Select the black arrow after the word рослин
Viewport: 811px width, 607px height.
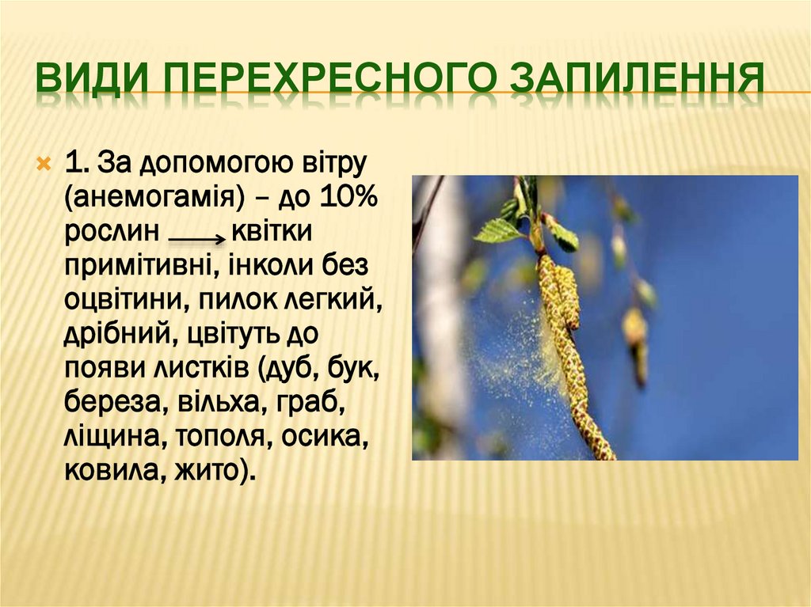tap(197, 236)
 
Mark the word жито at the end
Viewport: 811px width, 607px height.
tap(214, 472)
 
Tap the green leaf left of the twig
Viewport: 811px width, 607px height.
tap(499, 230)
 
